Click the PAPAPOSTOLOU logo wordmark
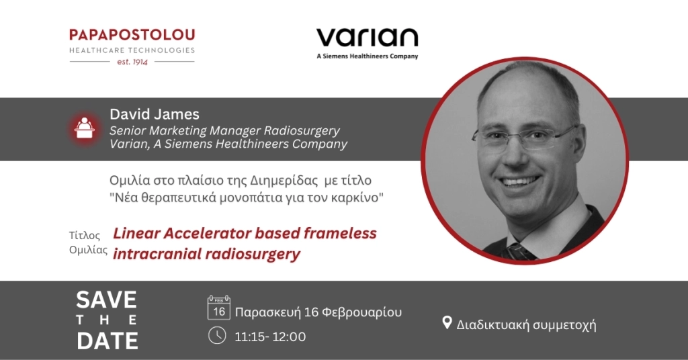point(132,35)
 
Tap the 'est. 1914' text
point(132,62)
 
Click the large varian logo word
point(368,38)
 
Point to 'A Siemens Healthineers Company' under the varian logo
point(368,56)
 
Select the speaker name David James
point(155,114)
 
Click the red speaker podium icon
point(84,128)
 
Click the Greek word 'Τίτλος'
point(85,236)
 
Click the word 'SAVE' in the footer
point(107,300)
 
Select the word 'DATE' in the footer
point(107,341)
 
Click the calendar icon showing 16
point(219,308)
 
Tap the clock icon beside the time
point(217,335)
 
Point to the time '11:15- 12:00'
point(270,336)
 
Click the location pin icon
point(447,323)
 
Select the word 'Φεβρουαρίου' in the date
point(362,312)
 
